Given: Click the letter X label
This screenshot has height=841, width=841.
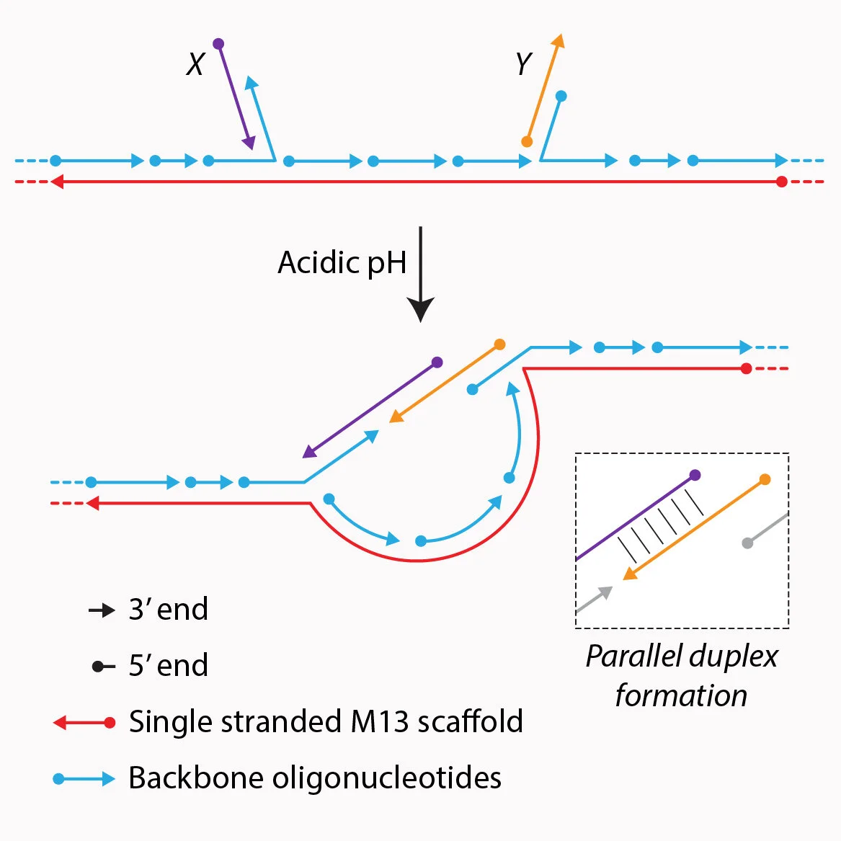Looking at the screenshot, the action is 196,64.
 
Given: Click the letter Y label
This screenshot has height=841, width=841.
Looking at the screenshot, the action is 523,63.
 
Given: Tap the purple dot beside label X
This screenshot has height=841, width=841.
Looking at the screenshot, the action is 218,44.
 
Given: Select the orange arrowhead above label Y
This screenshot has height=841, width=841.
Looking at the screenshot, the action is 559,41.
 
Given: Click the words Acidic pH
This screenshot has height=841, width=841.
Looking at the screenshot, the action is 342,263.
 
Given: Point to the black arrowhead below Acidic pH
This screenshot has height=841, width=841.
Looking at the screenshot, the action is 421,309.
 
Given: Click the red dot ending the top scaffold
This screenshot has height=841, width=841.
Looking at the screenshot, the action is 781,182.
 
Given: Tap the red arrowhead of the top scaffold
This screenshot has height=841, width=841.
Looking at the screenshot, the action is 57,182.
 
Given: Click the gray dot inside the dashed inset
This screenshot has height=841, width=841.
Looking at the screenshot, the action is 747,543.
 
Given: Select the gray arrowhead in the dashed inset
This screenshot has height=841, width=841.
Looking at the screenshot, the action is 605,592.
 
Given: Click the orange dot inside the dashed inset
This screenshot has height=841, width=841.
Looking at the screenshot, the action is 765,479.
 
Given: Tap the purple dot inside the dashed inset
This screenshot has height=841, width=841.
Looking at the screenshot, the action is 695,475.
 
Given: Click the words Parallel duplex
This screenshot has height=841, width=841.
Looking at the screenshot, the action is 682,657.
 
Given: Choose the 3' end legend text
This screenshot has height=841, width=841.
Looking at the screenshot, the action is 169,610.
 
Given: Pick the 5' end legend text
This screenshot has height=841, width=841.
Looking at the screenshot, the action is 169,666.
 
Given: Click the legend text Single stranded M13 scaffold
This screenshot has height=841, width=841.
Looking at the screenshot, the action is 326,721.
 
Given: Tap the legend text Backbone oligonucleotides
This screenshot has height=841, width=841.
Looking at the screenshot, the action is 315,778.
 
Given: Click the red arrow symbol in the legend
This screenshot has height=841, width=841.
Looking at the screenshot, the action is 84,723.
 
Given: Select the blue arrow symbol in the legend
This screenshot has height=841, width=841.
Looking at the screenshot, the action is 84,779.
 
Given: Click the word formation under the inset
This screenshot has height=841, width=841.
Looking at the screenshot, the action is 681,695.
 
